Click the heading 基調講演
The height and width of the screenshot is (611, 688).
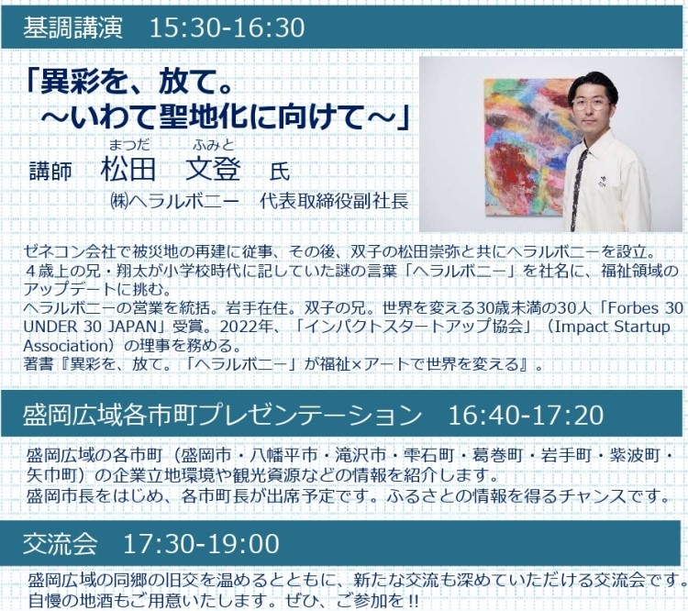pos(72,28)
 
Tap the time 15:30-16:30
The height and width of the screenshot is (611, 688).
pos(227,28)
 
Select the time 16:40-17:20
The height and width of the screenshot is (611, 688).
pos(526,415)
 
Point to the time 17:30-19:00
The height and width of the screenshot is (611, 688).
pos(202,543)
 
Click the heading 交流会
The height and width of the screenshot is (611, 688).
pos(61,543)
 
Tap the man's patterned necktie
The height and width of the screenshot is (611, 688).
pos(579,189)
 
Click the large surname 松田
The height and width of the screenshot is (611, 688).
pos(128,169)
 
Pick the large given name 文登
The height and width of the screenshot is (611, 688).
pos(213,169)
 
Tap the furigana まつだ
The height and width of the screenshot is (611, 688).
pos(129,144)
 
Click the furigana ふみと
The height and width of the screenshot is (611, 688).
pos(213,144)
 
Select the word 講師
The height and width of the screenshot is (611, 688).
pos(50,171)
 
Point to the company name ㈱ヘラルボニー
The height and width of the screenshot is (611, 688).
pos(174,201)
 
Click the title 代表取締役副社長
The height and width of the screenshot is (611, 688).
pos(334,201)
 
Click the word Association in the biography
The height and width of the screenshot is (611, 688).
pos(66,346)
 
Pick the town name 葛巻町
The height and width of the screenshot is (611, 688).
pos(497,455)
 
